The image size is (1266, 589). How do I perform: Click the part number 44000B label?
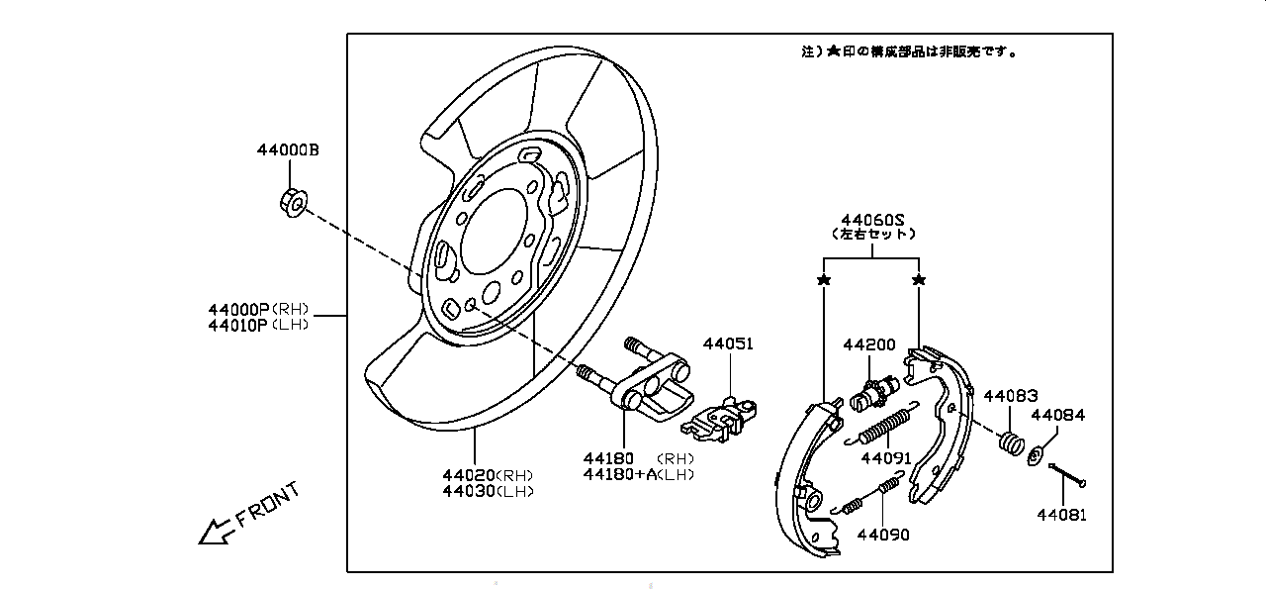(x=288, y=150)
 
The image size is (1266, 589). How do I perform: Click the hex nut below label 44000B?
(x=293, y=203)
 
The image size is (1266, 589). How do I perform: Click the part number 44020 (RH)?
(x=488, y=475)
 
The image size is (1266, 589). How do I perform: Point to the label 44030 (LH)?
(x=488, y=491)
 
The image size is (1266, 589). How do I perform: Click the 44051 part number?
(x=728, y=344)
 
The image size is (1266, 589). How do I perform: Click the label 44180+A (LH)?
(x=638, y=474)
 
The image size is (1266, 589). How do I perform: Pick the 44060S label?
(x=873, y=219)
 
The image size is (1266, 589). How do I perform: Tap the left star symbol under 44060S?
(x=824, y=281)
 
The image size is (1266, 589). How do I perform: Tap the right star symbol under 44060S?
(x=919, y=281)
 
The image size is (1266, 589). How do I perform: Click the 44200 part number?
(x=868, y=344)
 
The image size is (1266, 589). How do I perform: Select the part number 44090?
(x=882, y=535)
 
